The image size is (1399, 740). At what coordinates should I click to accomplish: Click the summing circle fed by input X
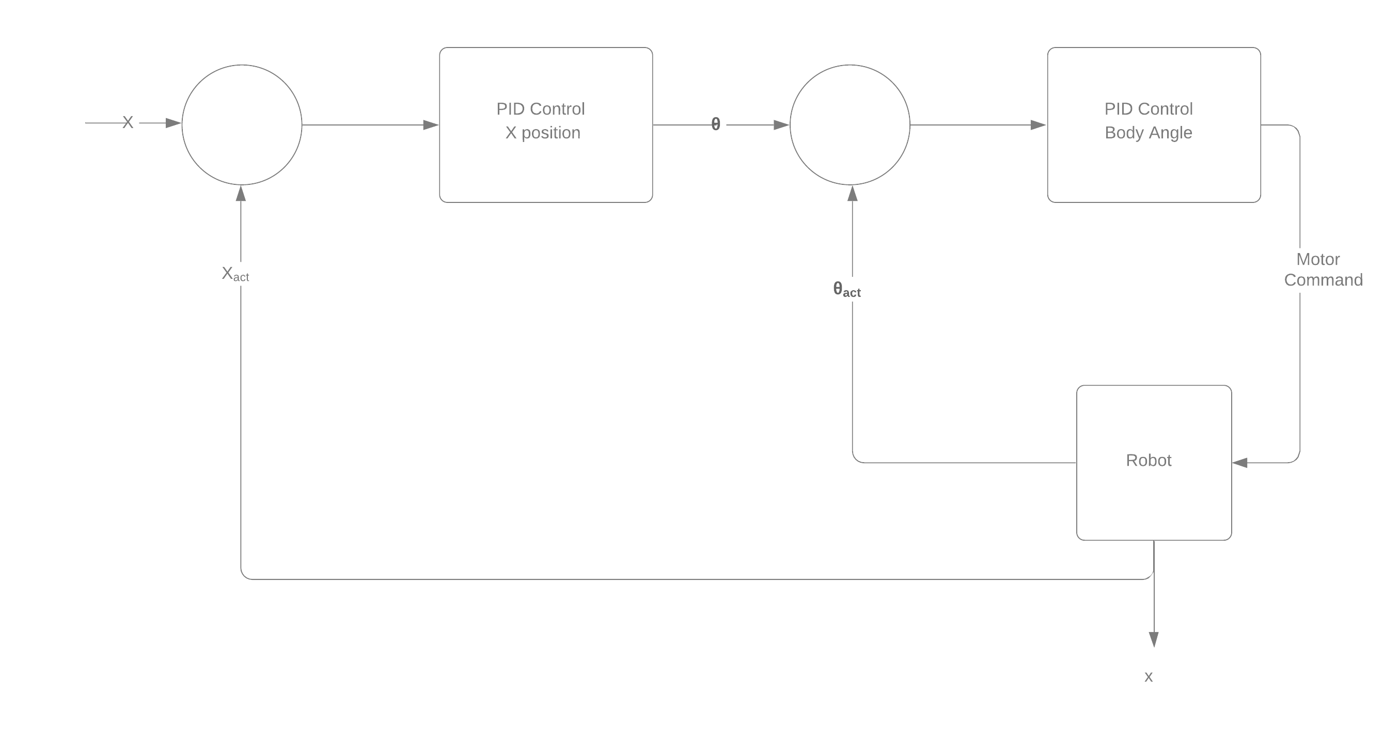click(x=242, y=125)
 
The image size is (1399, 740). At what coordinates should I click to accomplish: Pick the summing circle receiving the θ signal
click(x=850, y=125)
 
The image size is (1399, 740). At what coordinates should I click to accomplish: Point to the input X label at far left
click(x=128, y=123)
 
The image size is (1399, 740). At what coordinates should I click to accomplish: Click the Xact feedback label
click(x=235, y=274)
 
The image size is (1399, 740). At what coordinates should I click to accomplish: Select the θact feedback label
click(x=846, y=289)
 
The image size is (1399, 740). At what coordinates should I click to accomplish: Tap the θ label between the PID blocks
click(x=716, y=125)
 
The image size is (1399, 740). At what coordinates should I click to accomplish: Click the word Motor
click(x=1318, y=260)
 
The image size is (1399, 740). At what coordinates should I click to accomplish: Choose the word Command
click(x=1323, y=280)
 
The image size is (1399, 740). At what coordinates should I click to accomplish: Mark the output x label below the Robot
click(x=1149, y=676)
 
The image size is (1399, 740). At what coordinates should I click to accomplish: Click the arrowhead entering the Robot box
click(x=1240, y=463)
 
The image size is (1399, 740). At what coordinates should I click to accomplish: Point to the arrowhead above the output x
click(x=1154, y=639)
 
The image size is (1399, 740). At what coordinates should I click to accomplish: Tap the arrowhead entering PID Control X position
click(x=431, y=125)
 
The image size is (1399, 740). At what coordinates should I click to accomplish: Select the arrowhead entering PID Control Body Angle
click(x=1039, y=125)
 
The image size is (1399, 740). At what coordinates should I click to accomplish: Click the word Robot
click(x=1149, y=461)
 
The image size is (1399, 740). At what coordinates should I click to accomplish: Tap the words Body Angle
click(x=1149, y=133)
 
